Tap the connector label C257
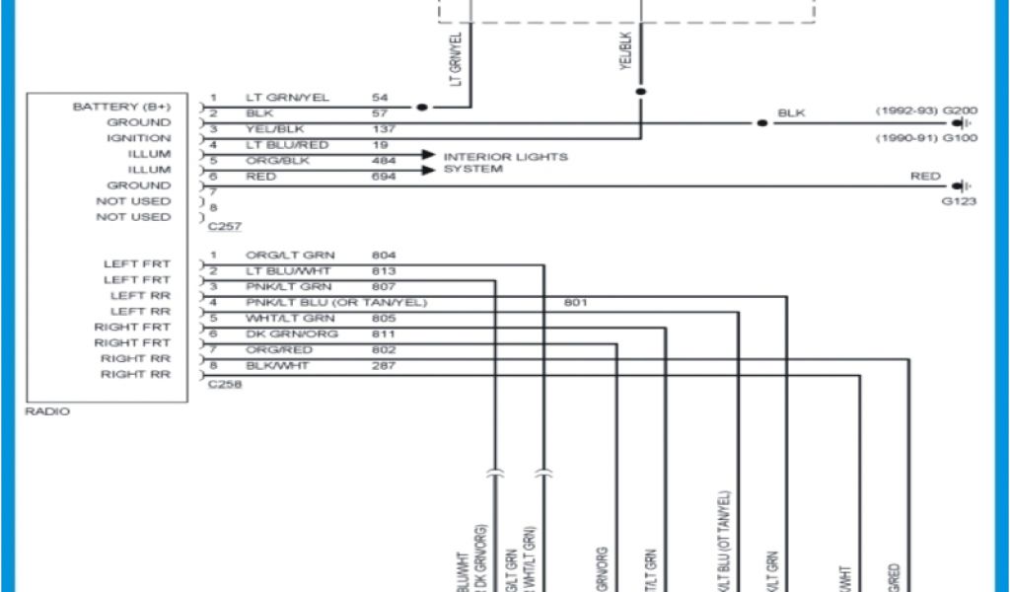pos(225,226)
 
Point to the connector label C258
pos(225,384)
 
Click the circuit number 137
pos(384,129)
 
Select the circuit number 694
pos(384,177)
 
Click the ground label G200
pos(960,111)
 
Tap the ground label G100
pos(960,138)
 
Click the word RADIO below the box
pos(47,411)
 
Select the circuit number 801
pos(575,302)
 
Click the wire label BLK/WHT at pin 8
pos(277,366)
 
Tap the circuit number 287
pos(384,366)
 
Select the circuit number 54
pos(380,98)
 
